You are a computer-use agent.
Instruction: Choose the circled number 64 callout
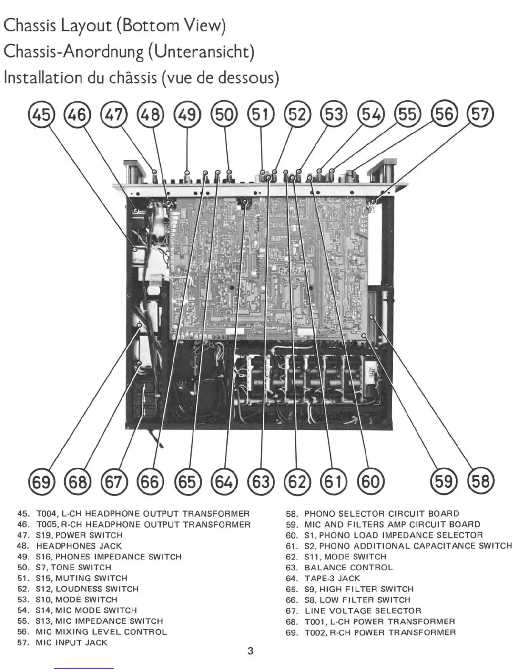pos(224,482)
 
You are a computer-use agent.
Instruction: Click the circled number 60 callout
pos(371,482)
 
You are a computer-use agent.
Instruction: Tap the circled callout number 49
pos(187,115)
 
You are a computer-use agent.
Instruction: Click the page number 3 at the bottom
pos(250,651)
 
